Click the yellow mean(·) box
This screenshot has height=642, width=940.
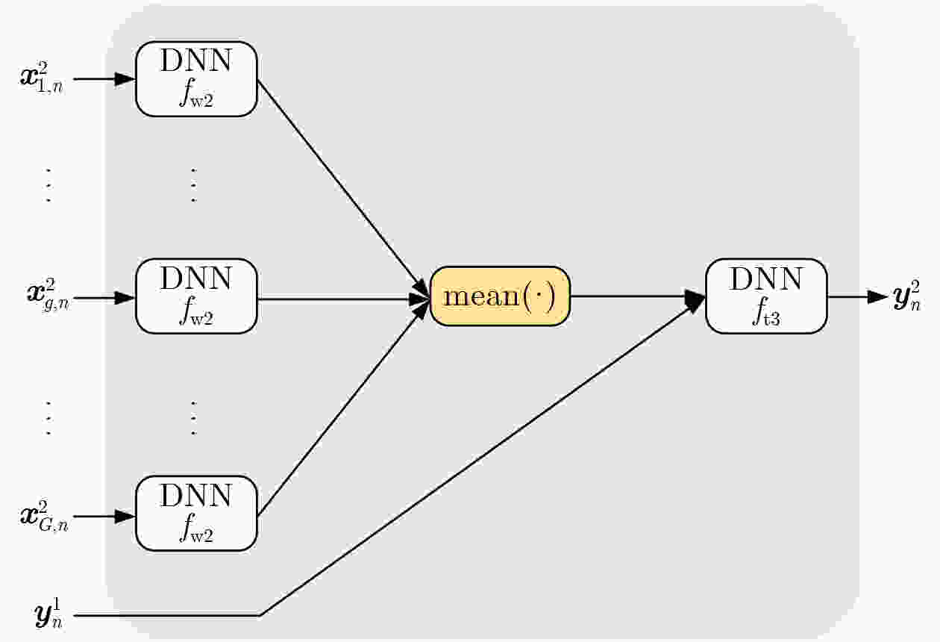[x=500, y=296]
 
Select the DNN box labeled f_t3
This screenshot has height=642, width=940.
[x=766, y=296]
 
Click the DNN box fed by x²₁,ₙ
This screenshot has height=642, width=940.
[x=196, y=79]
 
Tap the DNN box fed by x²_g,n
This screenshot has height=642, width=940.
[x=196, y=296]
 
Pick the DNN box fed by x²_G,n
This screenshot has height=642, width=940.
[x=196, y=514]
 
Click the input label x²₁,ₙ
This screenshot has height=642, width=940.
[x=42, y=78]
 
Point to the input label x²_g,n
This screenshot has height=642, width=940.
[x=48, y=295]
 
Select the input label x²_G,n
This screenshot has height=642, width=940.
[x=44, y=516]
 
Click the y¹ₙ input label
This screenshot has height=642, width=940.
[x=48, y=614]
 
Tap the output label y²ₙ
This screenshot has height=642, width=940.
[x=906, y=296]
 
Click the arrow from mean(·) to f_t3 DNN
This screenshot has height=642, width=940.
[x=638, y=297]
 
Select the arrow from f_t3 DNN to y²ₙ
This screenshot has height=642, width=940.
[x=858, y=297]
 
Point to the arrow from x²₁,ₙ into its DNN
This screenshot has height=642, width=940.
[x=104, y=79]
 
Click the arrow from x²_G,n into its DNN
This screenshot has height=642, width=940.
[x=104, y=516]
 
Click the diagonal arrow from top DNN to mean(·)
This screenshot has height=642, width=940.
[x=342, y=187]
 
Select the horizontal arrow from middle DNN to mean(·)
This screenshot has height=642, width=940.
[x=343, y=299]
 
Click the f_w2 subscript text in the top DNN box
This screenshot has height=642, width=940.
[x=196, y=95]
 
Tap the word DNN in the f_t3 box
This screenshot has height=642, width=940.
[x=766, y=278]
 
